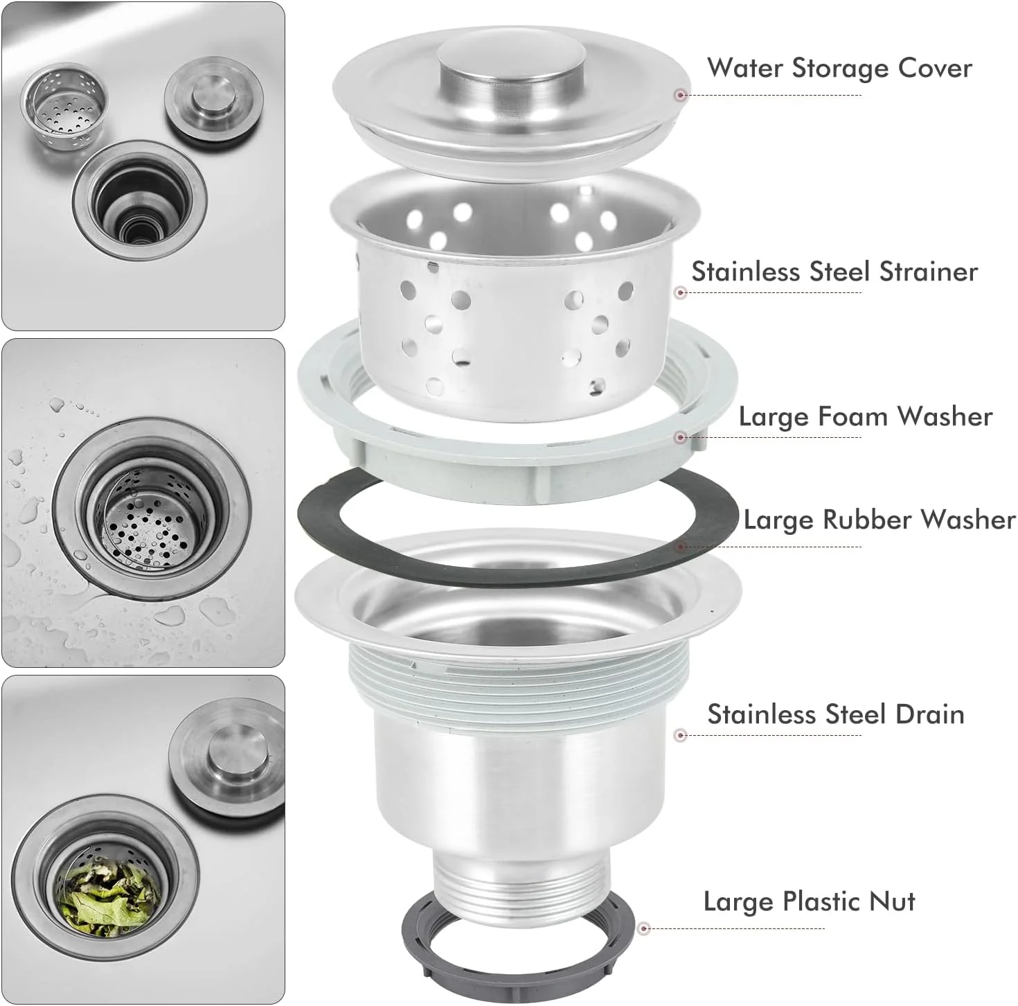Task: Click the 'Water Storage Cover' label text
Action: pyautogui.click(x=839, y=68)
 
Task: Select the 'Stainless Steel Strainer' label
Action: pyautogui.click(x=834, y=271)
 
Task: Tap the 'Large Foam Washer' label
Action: pyautogui.click(x=865, y=416)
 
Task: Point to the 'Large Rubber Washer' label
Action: pyautogui.click(x=879, y=520)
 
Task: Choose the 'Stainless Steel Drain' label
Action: pyautogui.click(x=835, y=714)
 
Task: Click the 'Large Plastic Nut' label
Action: pyautogui.click(x=809, y=901)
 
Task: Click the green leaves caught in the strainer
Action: pyautogui.click(x=111, y=897)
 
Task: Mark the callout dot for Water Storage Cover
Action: pyautogui.click(x=681, y=95)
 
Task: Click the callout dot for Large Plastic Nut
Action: pyautogui.click(x=644, y=928)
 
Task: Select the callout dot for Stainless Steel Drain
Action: pyautogui.click(x=680, y=735)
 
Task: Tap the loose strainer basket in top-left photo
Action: pyautogui.click(x=64, y=107)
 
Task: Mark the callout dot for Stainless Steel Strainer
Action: pyautogui.click(x=680, y=292)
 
